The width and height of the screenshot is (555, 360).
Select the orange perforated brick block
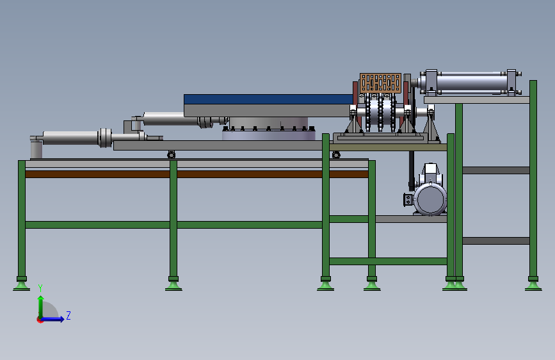click(380, 83)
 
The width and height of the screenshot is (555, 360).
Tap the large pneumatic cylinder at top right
click(469, 83)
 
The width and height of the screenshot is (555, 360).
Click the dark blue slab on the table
click(269, 99)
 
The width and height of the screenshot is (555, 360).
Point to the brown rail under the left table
click(197, 174)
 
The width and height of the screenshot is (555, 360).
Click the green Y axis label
click(40, 288)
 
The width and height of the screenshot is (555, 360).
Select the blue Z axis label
click(68, 315)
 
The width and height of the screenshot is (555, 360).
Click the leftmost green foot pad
click(21, 286)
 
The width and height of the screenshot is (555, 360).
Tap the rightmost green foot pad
click(533, 286)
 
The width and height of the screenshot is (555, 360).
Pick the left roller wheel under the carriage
click(172, 155)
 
